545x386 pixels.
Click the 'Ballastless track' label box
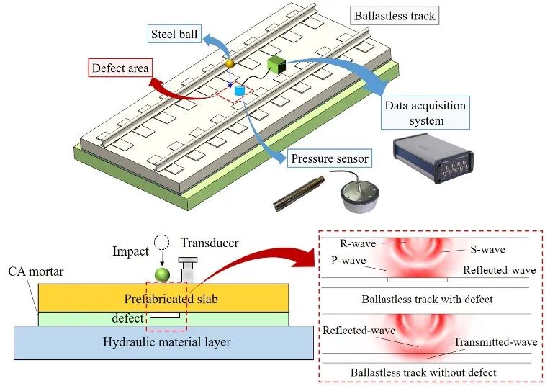395,15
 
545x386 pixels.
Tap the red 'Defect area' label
120,69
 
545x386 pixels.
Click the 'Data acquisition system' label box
425,113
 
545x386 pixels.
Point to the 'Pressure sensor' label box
330,158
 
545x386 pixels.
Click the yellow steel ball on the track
230,64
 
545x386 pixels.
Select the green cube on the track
276,66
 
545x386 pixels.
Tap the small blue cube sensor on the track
240,91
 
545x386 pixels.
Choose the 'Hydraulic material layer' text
163,342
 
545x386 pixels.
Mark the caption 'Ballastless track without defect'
423,372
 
